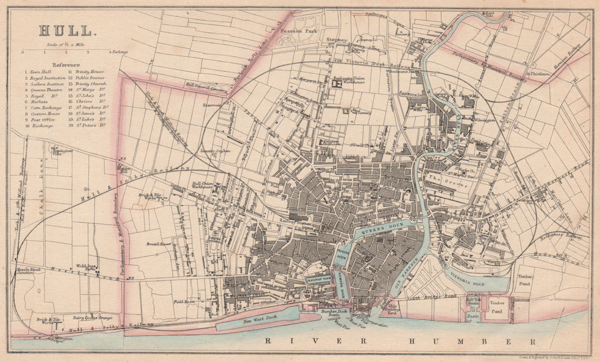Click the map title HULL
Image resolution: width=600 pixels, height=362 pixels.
click(67, 30)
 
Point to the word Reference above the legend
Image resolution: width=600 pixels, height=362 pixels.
click(66, 63)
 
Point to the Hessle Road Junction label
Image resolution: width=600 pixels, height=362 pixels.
click(28, 272)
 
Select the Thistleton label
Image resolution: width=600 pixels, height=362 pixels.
click(540, 73)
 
